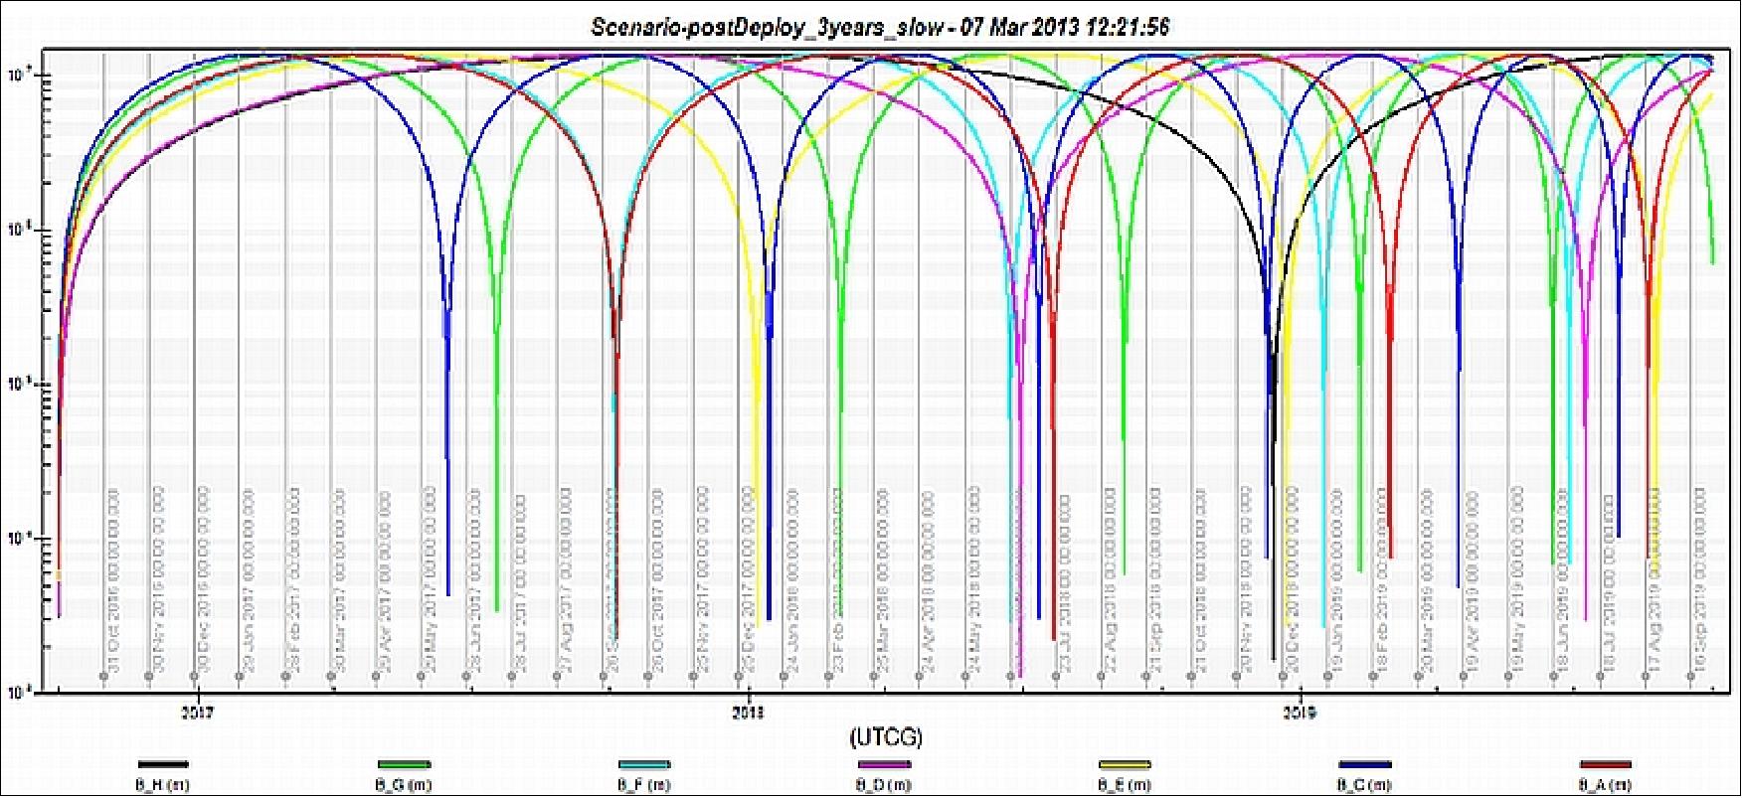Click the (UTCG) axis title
886,737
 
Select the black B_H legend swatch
163,765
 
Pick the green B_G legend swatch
404,765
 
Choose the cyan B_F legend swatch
644,765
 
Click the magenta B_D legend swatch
884,765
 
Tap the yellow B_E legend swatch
1125,765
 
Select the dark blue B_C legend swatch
1365,765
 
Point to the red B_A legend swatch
1606,765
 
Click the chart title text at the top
880,27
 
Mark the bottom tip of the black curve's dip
1273,659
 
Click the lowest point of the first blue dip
448,594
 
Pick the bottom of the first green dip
497,610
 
